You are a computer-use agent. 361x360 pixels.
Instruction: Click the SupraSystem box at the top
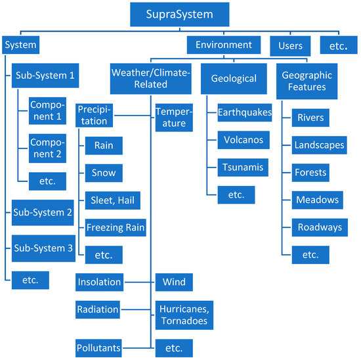click(x=180, y=14)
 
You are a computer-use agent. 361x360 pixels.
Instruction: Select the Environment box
click(x=223, y=45)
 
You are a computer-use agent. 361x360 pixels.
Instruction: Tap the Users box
click(x=290, y=46)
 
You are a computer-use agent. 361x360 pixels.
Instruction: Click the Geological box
click(x=233, y=79)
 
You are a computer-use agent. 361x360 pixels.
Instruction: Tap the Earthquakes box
click(x=244, y=113)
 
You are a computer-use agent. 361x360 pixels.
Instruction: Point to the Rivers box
click(x=310, y=118)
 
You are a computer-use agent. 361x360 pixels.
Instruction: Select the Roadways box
click(x=319, y=227)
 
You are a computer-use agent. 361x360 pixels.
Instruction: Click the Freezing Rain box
click(x=115, y=228)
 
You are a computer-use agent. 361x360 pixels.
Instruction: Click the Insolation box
click(x=99, y=282)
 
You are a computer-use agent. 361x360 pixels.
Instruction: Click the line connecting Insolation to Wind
click(x=138, y=282)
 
